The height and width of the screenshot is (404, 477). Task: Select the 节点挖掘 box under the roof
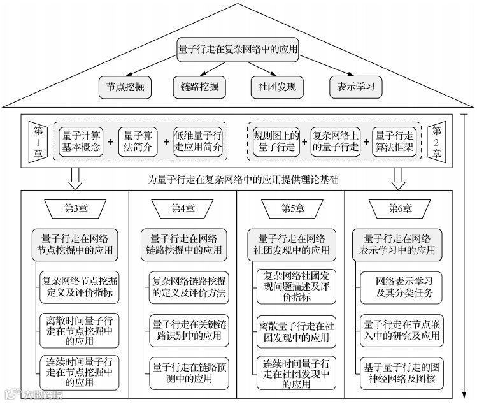point(125,87)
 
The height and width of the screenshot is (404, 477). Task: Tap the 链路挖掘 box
point(200,87)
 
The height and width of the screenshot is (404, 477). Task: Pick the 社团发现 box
point(277,87)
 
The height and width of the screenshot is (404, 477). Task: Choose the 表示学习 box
point(356,87)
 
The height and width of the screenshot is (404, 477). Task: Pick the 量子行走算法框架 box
point(394,141)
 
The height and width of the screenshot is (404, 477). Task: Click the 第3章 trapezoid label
point(75,208)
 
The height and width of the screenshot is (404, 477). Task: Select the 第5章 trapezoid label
point(291,208)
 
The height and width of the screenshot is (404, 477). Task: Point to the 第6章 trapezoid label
point(399,208)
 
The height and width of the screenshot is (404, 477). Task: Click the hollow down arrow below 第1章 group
point(75,179)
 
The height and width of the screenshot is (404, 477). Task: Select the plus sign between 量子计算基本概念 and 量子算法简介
point(110,141)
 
